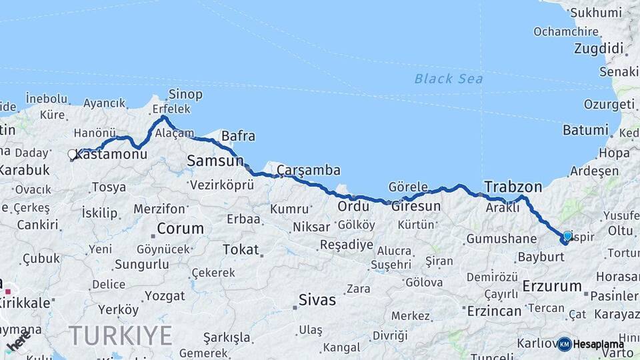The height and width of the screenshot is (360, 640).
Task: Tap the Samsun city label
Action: point(215,161)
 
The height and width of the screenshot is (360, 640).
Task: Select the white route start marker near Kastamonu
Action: point(72,154)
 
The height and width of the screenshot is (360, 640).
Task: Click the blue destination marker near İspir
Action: point(567,236)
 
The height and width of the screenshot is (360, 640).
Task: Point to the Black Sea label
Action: point(448,79)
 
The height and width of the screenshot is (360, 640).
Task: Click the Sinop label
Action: point(185,94)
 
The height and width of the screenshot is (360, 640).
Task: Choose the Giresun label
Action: point(415,206)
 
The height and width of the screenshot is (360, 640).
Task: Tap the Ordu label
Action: point(353,206)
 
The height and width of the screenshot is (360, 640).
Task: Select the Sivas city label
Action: point(317,299)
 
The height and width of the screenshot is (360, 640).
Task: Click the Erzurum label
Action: point(553,286)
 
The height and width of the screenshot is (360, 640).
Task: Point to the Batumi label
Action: point(585,130)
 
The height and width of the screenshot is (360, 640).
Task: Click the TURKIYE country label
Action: point(120,335)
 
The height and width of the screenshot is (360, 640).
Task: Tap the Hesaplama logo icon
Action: point(565,344)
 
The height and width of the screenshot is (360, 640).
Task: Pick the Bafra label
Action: point(238,136)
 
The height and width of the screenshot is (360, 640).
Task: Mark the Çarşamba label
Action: point(309,170)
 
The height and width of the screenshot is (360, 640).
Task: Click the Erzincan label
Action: point(495,311)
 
